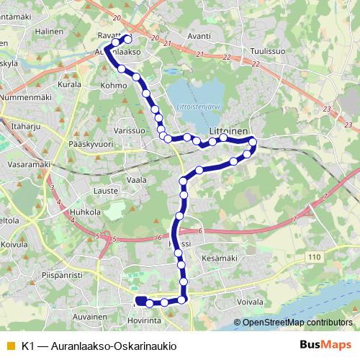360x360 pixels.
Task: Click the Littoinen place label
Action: click(228, 130)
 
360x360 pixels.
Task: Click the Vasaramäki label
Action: click(24, 164)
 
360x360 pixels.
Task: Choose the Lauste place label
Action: click(106, 191)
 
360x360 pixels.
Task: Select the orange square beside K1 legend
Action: click(10, 346)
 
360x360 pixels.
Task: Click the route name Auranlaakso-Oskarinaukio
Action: click(112, 346)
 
